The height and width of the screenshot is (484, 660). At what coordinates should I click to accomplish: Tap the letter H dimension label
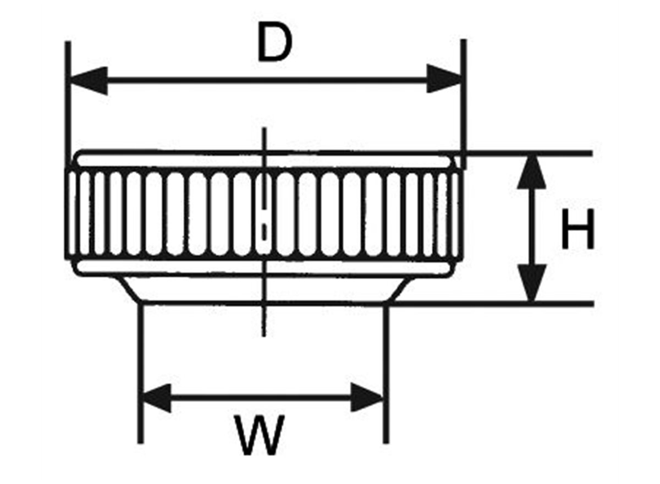(577, 231)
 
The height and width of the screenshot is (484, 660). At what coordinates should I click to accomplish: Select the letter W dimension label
(259, 435)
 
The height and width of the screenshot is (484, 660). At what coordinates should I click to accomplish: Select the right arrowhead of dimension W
(366, 397)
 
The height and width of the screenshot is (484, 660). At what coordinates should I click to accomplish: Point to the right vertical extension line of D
(464, 99)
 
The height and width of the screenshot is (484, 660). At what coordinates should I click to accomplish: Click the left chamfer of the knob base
(130, 289)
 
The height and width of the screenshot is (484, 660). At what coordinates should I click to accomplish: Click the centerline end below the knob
(265, 332)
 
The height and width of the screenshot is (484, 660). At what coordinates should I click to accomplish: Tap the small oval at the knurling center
(265, 230)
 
